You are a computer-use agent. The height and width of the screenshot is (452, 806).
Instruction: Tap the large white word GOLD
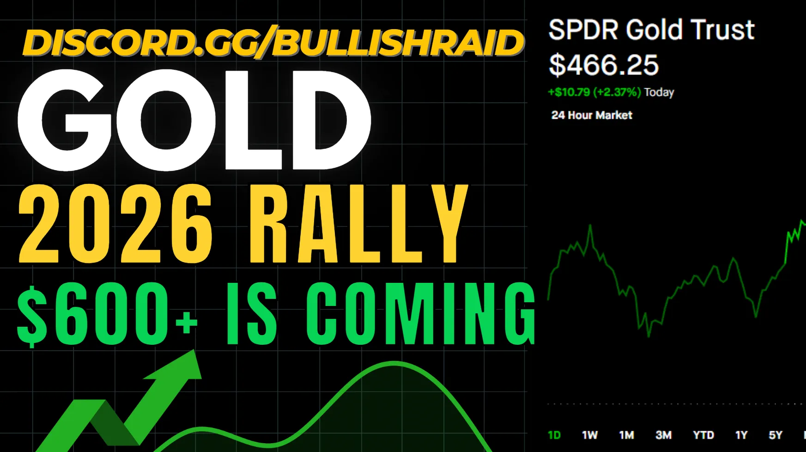click(194, 120)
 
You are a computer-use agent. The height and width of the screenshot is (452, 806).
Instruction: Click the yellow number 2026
click(115, 224)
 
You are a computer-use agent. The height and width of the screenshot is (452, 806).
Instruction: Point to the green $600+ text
click(108, 314)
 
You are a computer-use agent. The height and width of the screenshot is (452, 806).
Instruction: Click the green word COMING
click(421, 314)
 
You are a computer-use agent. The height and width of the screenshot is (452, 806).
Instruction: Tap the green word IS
click(252, 314)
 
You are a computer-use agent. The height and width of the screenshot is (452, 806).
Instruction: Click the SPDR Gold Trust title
click(651, 30)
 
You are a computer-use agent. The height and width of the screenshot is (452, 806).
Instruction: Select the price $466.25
click(603, 65)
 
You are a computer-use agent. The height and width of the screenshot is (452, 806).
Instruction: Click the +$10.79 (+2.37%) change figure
click(594, 92)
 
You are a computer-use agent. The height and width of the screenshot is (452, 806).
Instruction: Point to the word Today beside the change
click(659, 92)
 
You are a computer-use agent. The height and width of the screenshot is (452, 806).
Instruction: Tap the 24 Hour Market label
click(592, 115)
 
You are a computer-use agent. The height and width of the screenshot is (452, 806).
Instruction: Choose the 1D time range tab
click(554, 435)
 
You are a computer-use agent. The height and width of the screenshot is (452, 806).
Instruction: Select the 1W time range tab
click(590, 435)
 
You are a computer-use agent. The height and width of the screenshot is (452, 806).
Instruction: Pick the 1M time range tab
click(627, 435)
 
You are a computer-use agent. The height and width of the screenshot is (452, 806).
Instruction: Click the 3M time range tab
click(664, 435)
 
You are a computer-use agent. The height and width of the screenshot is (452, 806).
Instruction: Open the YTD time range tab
click(703, 435)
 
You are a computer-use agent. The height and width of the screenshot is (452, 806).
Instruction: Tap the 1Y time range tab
click(741, 435)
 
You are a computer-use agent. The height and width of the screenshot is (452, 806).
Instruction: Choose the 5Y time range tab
click(776, 435)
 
